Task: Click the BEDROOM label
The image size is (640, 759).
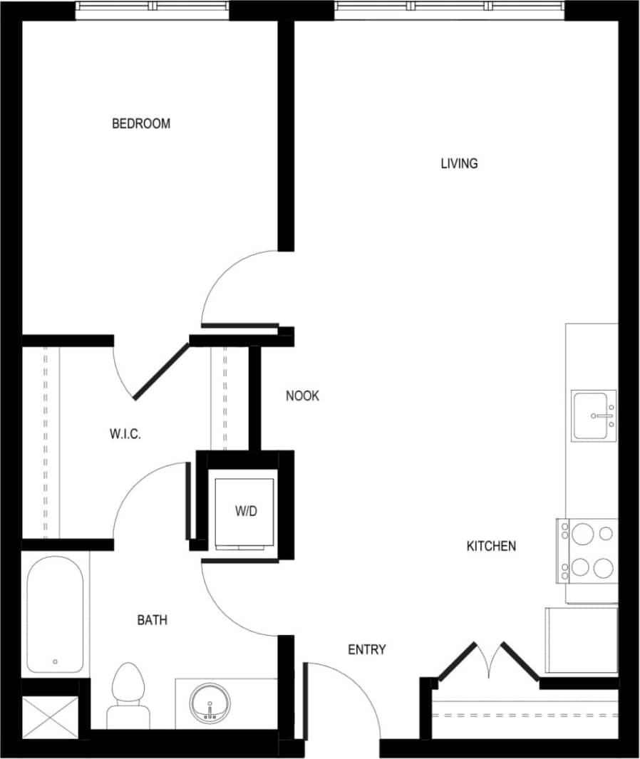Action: pyautogui.click(x=141, y=124)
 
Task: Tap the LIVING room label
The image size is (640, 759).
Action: pyautogui.click(x=459, y=164)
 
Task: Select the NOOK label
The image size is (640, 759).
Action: pyautogui.click(x=302, y=396)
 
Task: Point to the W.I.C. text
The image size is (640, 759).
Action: pyautogui.click(x=125, y=433)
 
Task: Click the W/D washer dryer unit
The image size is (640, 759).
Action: pyautogui.click(x=244, y=511)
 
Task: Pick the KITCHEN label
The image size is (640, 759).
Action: pyautogui.click(x=491, y=547)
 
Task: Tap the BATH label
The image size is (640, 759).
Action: pyautogui.click(x=152, y=621)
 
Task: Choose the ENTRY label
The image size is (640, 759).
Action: pyautogui.click(x=366, y=650)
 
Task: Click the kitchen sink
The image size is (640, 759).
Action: pyautogui.click(x=594, y=416)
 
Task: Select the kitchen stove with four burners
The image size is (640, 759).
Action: pyautogui.click(x=588, y=551)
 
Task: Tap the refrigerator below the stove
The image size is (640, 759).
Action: pyautogui.click(x=581, y=640)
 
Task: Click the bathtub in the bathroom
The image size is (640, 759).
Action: pyautogui.click(x=55, y=614)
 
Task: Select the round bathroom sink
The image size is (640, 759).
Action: pyautogui.click(x=210, y=702)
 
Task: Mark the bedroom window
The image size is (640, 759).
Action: pyautogui.click(x=153, y=7)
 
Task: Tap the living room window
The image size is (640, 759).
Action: pyautogui.click(x=450, y=7)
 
